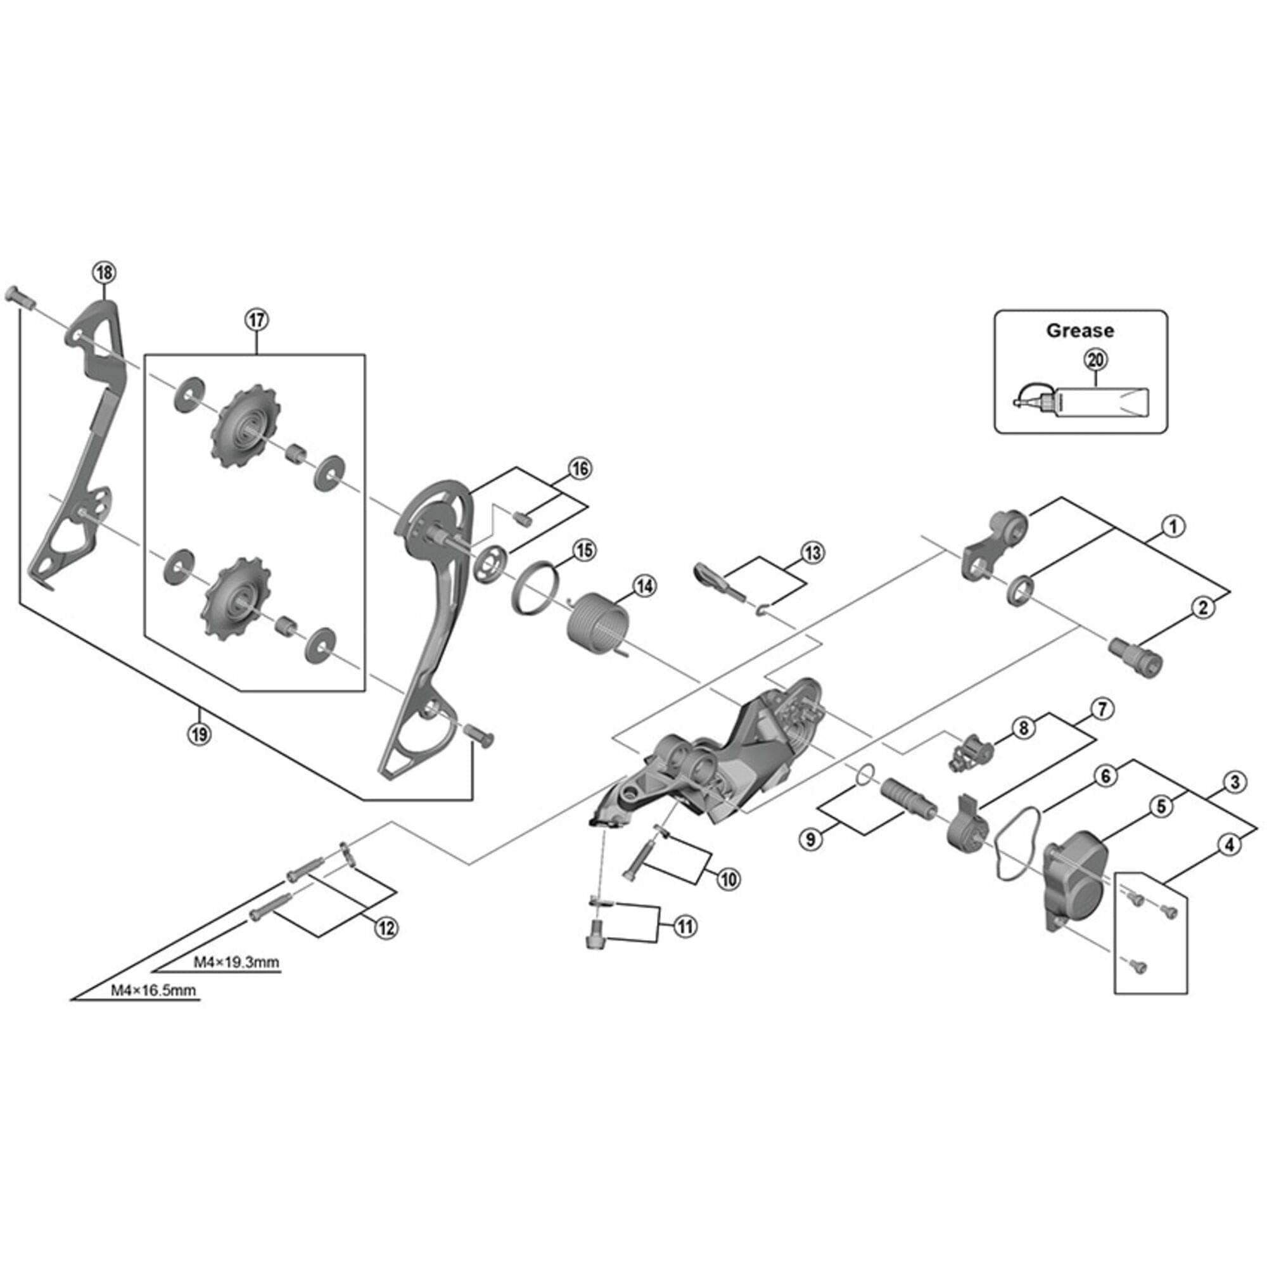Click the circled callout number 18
[x=105, y=272]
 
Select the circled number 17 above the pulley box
[x=257, y=320]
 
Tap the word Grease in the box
[x=1079, y=331]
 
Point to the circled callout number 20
[x=1095, y=359]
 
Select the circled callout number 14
[x=645, y=585]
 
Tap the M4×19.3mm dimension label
[x=236, y=962]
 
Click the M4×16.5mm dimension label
[x=153, y=990]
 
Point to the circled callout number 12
[x=386, y=928]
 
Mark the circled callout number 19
[x=200, y=734]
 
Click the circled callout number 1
[x=1173, y=526]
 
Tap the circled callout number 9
[x=812, y=839]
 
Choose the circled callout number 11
[x=685, y=926]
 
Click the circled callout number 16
[x=579, y=469]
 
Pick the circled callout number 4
[x=1230, y=844]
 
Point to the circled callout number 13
[x=813, y=553]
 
